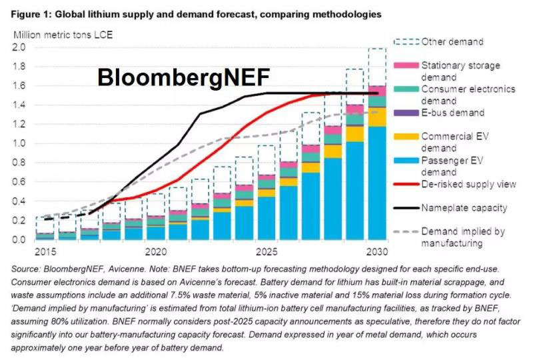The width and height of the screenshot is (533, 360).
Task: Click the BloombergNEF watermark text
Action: pos(184,77)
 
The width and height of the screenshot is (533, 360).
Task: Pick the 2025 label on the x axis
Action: pos(266,253)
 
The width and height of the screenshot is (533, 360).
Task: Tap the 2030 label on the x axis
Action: pos(377,253)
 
